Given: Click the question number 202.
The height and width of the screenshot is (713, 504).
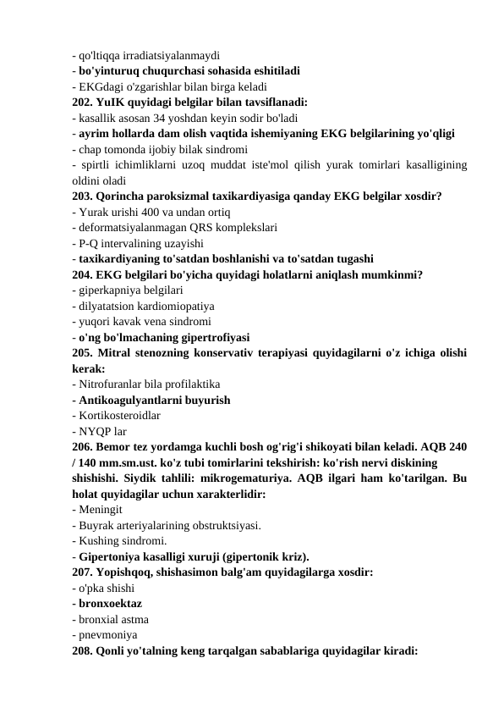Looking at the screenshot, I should coord(83,102).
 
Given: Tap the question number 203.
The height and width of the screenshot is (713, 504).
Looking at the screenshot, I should coord(83,196).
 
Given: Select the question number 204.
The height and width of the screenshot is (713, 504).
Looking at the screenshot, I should coord(83,274).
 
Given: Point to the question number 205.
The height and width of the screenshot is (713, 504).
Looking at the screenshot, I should coord(83,352).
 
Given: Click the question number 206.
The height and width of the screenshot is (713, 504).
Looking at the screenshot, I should coord(83,446).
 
